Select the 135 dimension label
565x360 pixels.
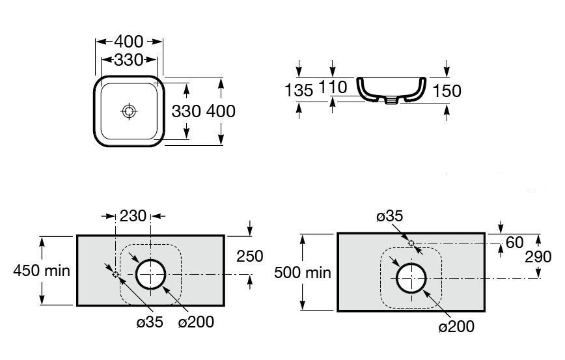pyautogui.click(x=299, y=90)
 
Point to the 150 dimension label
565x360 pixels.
pyautogui.click(x=447, y=90)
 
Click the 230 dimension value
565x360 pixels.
pyautogui.click(x=133, y=216)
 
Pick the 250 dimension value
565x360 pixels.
pyautogui.click(x=250, y=256)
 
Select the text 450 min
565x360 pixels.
pyautogui.click(x=42, y=271)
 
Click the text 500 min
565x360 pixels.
pyautogui.click(x=302, y=273)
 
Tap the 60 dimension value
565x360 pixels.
pyautogui.click(x=514, y=243)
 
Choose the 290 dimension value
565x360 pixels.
pyautogui.click(x=538, y=257)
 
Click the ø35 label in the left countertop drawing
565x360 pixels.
pyautogui.click(x=150, y=322)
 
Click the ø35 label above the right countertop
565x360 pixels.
pyautogui.click(x=389, y=216)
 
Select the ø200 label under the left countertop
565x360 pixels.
pyautogui.click(x=196, y=322)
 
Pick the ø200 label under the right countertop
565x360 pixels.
pyautogui.click(x=456, y=327)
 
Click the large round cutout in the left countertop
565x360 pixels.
pyautogui.click(x=150, y=260)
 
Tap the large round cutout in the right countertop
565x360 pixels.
pyautogui.click(x=411, y=264)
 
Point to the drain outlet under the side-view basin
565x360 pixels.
pyautogui.click(x=391, y=100)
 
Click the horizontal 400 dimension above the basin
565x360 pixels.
pyautogui.click(x=129, y=42)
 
